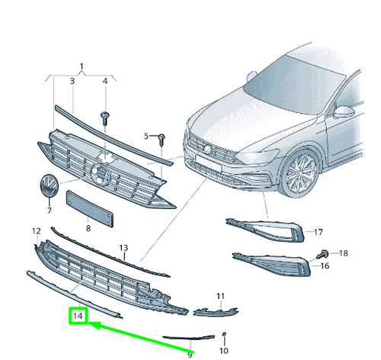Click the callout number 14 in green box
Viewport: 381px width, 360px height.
[x=78, y=314]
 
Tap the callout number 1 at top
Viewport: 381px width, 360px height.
[x=82, y=67]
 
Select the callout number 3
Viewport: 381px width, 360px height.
[x=72, y=81]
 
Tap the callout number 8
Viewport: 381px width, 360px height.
[x=88, y=227]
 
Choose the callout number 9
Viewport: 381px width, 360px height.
[x=190, y=353]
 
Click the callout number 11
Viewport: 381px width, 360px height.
[x=220, y=295]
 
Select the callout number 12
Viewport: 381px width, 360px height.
[x=36, y=230]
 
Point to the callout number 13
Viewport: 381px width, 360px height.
[x=123, y=248]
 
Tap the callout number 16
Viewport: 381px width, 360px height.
[x=324, y=265]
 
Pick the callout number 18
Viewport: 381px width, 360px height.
[x=343, y=252]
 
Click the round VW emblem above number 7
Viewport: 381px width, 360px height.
[x=48, y=187]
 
